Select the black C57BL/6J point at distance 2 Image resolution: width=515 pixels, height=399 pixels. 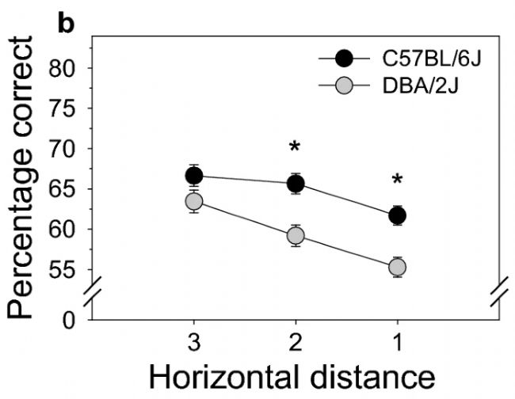pyautogui.click(x=296, y=184)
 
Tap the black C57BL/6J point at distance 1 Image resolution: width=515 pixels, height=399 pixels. pyautogui.click(x=397, y=215)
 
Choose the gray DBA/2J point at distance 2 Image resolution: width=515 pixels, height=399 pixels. pyautogui.click(x=296, y=235)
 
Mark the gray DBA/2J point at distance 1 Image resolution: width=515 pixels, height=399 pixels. pyautogui.click(x=397, y=268)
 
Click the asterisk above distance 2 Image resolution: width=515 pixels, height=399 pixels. pyautogui.click(x=296, y=148)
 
